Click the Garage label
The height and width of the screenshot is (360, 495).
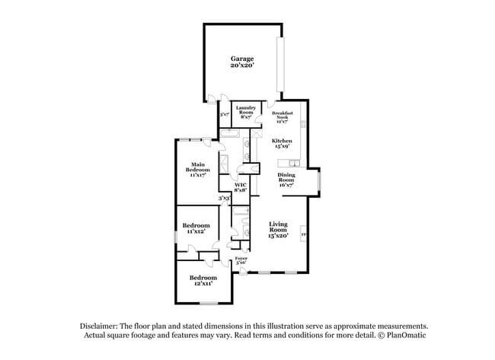(242, 59)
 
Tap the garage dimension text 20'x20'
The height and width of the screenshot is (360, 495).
(242, 65)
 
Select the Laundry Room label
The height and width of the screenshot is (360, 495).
(246, 110)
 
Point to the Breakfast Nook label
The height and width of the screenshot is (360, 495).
(282, 115)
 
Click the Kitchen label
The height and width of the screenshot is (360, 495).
(282, 141)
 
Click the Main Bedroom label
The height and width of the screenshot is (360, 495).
(198, 167)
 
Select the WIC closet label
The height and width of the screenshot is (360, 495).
(240, 185)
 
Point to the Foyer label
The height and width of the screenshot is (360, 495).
(241, 258)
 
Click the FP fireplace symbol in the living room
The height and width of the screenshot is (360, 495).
(304, 234)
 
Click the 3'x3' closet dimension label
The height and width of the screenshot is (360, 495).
(224, 198)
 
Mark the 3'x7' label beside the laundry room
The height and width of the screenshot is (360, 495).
(224, 115)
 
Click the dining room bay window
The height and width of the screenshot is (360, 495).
(320, 180)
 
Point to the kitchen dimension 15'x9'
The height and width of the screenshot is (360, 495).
(282, 146)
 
